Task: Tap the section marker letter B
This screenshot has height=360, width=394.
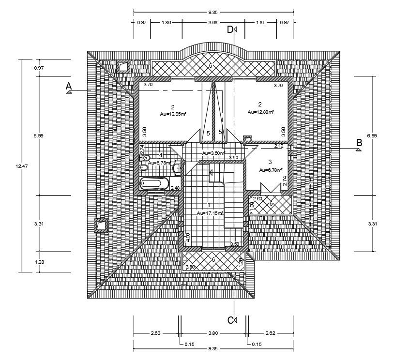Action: point(359,143)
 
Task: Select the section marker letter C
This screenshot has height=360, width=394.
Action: point(230,320)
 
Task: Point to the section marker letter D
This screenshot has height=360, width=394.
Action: point(230,30)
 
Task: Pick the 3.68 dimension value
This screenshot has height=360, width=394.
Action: point(212,22)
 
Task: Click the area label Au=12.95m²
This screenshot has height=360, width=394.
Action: point(173,114)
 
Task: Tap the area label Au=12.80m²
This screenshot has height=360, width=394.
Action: point(260,112)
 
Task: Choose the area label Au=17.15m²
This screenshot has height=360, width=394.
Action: point(210,213)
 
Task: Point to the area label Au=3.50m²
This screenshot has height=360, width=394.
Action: point(213,153)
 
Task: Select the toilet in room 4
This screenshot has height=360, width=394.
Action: point(144,167)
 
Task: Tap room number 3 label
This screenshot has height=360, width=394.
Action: point(270,162)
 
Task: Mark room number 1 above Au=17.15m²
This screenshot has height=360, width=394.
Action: point(209,205)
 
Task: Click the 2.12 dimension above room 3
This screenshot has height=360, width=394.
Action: point(279,146)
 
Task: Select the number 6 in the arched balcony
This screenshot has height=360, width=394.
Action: point(211,65)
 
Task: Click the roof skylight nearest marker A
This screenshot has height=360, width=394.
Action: point(124,67)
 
